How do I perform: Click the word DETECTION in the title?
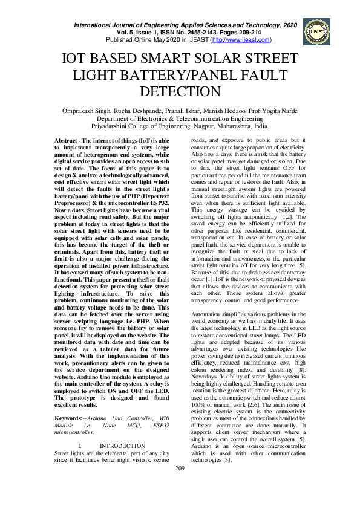(180, 92)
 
